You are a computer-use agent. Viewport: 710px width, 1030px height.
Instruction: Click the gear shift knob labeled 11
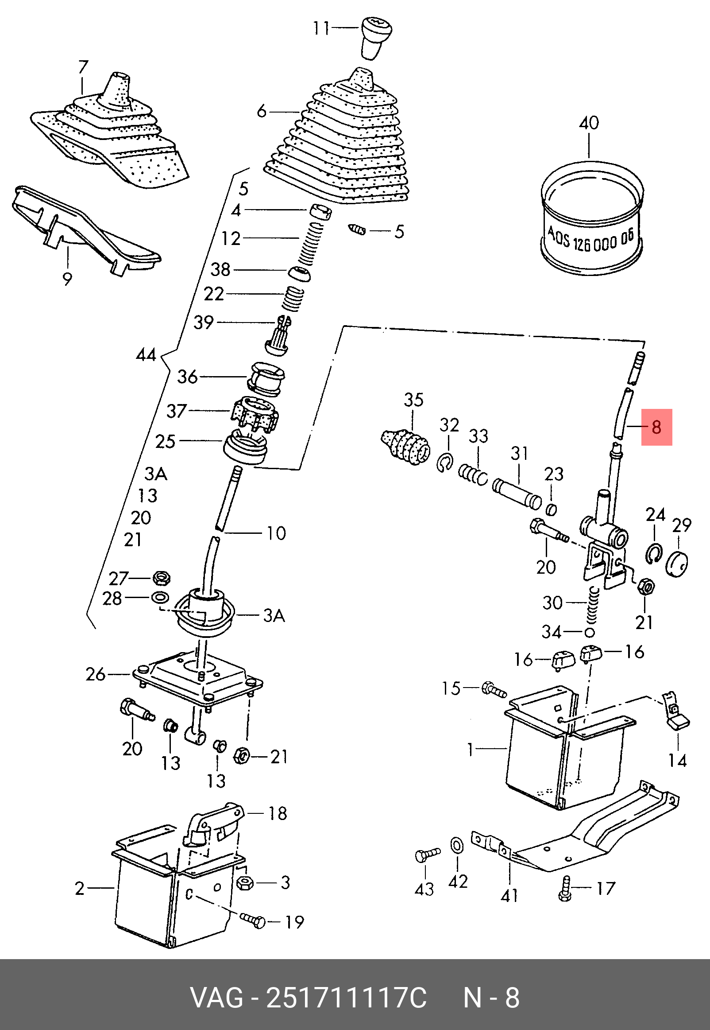tap(376, 37)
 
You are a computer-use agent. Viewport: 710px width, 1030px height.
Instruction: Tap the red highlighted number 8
tap(656, 428)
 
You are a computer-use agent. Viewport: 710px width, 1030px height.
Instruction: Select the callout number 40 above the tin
tap(589, 123)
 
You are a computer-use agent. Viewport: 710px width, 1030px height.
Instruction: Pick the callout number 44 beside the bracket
tap(146, 355)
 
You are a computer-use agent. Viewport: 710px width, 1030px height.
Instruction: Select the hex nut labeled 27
tap(161, 578)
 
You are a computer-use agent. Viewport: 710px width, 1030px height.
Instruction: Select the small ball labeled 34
tap(590, 632)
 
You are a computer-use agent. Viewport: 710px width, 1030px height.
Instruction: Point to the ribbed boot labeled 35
tap(406, 446)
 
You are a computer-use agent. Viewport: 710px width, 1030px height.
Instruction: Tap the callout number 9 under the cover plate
tap(67, 279)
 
